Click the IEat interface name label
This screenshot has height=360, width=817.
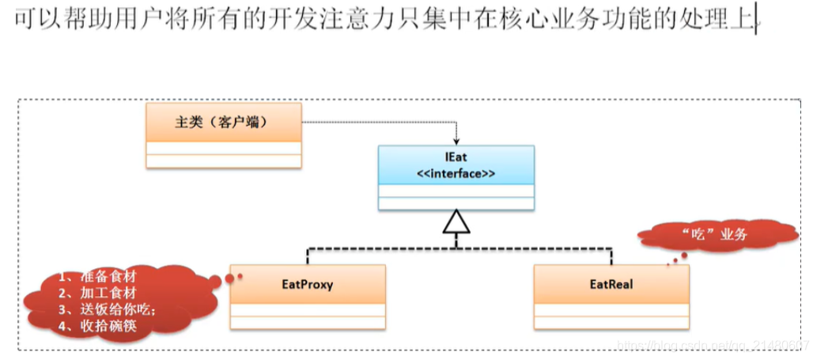[x=456, y=158]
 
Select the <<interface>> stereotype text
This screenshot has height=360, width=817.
[x=456, y=173]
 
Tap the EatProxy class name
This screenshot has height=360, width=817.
[x=308, y=284]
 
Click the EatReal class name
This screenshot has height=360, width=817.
[x=611, y=284]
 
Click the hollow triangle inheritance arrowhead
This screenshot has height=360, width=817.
[x=456, y=225]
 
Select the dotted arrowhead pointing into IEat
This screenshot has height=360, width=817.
[x=456, y=140]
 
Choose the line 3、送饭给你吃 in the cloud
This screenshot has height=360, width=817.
[x=106, y=309]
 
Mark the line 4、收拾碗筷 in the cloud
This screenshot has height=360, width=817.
[x=98, y=325]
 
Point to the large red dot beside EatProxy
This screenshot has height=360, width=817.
[x=230, y=278]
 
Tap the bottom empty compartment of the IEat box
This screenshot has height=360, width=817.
[x=456, y=203]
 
